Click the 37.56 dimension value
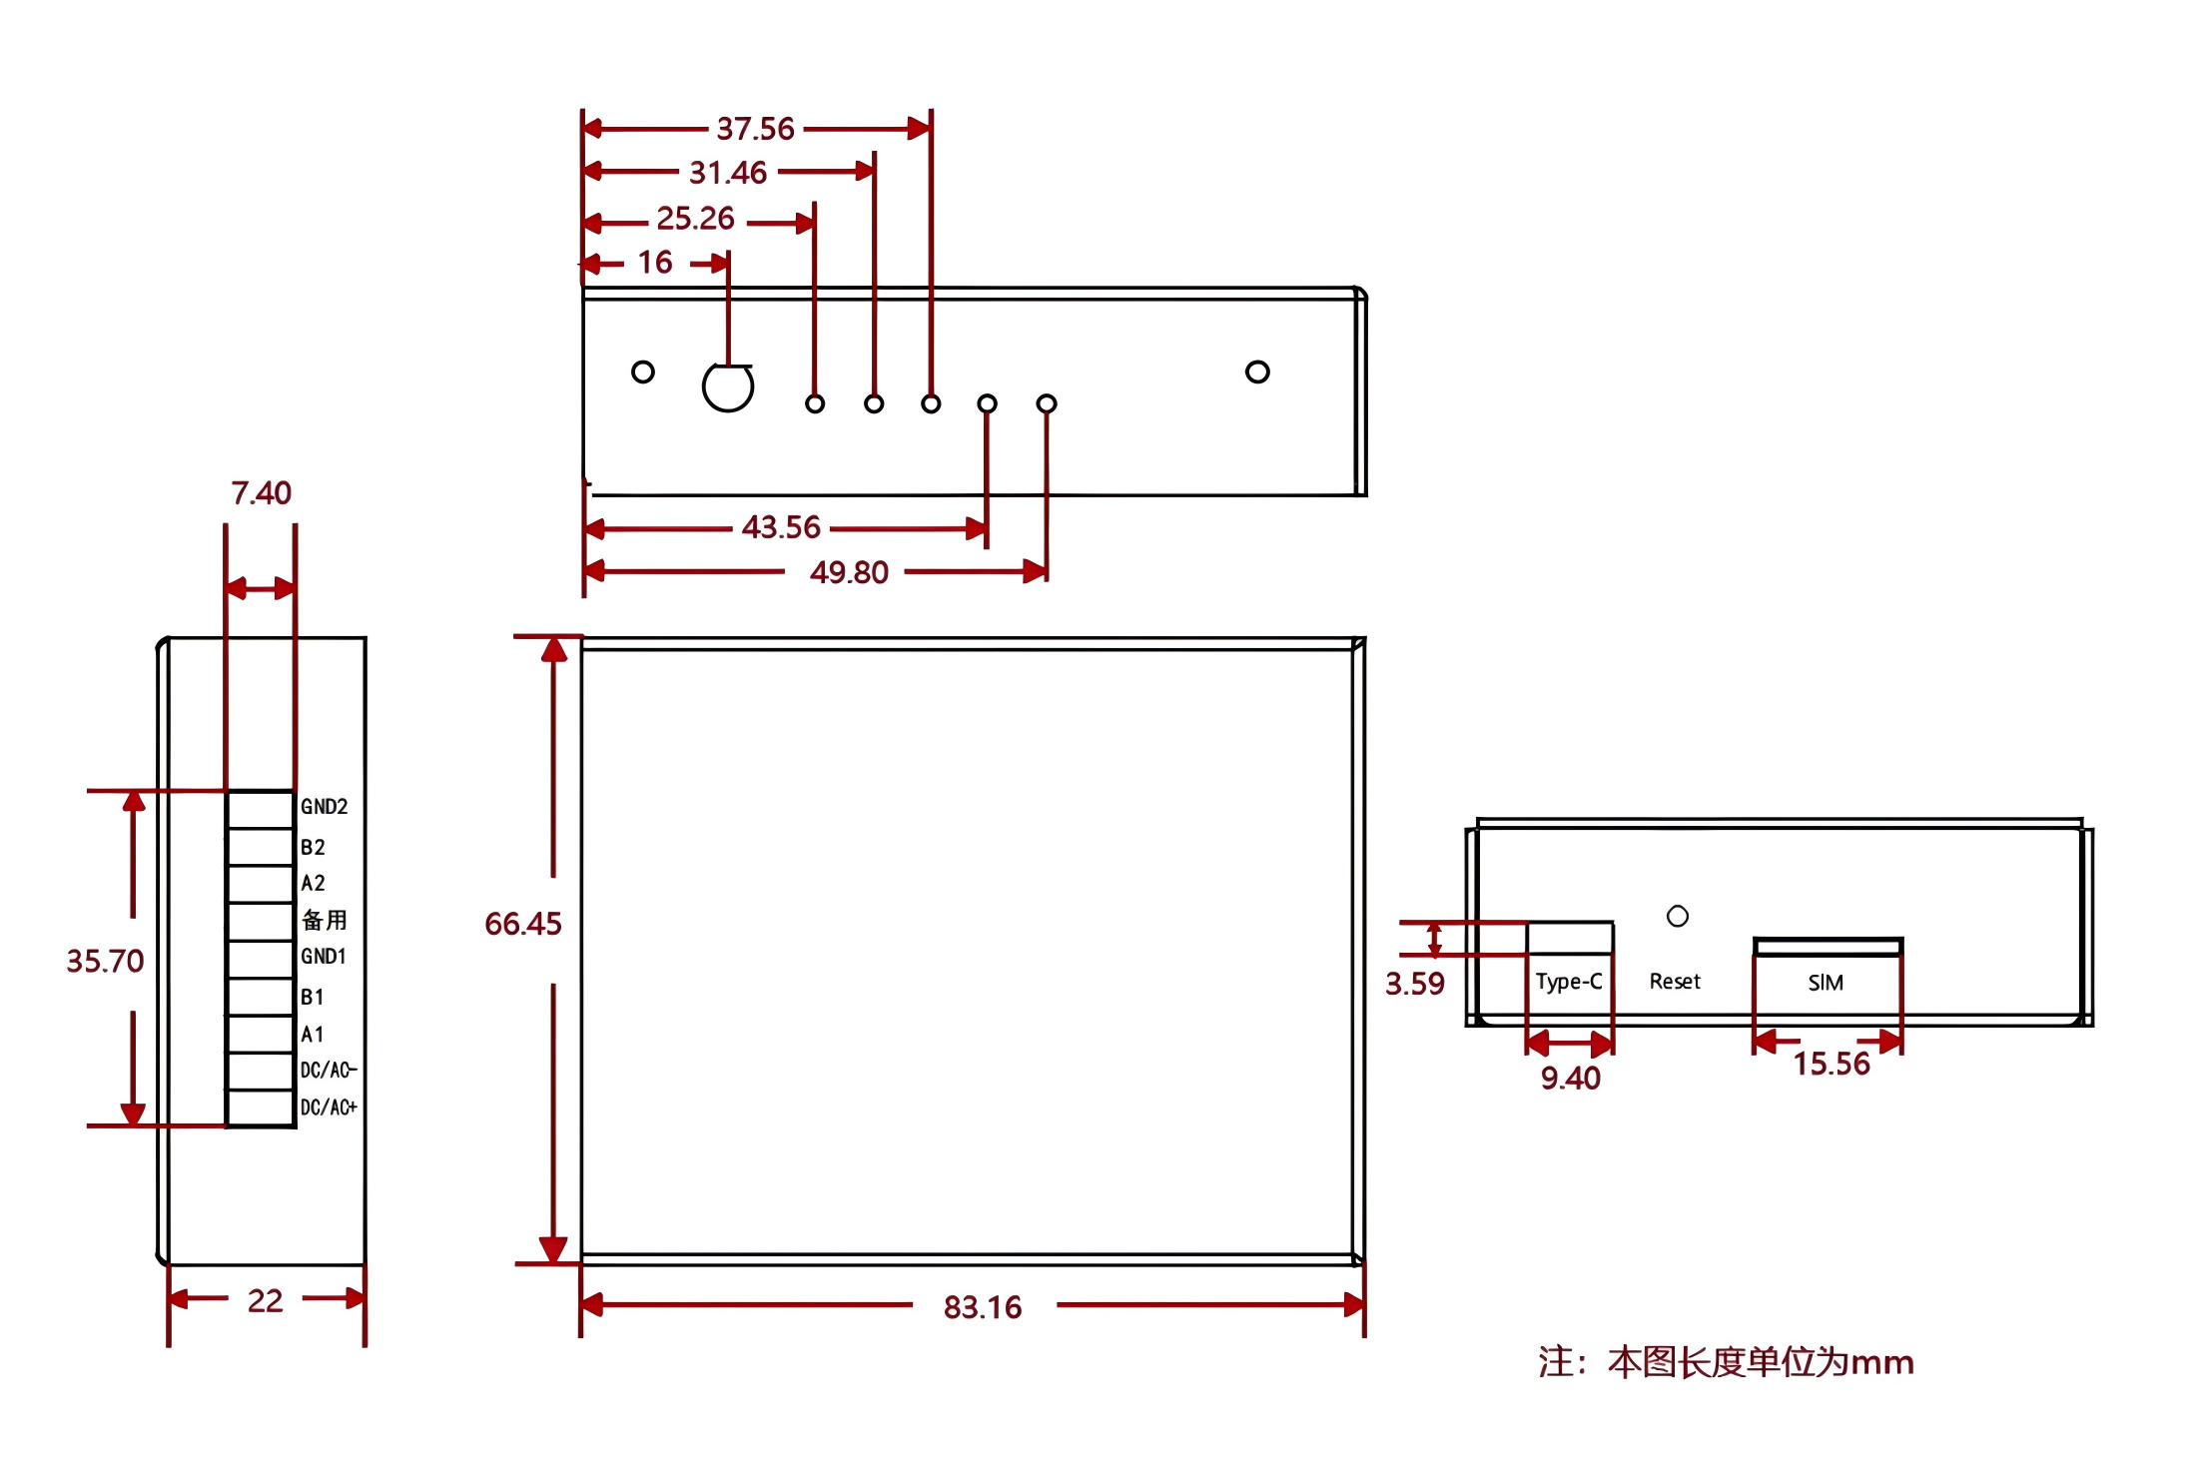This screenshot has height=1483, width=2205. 755,129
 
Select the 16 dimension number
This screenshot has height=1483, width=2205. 655,263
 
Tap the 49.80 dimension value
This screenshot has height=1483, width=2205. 849,572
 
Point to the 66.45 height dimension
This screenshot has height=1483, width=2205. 523,924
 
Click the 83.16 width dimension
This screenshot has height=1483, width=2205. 983,1307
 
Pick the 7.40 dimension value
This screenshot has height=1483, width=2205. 262,493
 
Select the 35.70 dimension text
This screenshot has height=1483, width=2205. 105,961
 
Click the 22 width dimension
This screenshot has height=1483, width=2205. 265,1300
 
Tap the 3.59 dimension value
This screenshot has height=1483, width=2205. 1414,984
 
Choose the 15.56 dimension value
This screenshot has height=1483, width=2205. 1831,1064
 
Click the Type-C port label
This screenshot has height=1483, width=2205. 1569,982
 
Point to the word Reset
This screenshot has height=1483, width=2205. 1675,982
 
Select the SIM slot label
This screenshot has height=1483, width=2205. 1826,983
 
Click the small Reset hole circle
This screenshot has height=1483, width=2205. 1678,916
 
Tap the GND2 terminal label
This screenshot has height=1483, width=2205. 325,807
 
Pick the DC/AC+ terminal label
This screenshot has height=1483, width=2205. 329,1108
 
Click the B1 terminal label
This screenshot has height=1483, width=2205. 313,997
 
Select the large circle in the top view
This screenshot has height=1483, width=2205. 728,386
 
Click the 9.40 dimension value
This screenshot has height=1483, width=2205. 1570,1079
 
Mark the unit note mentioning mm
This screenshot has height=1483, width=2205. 1726,1362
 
